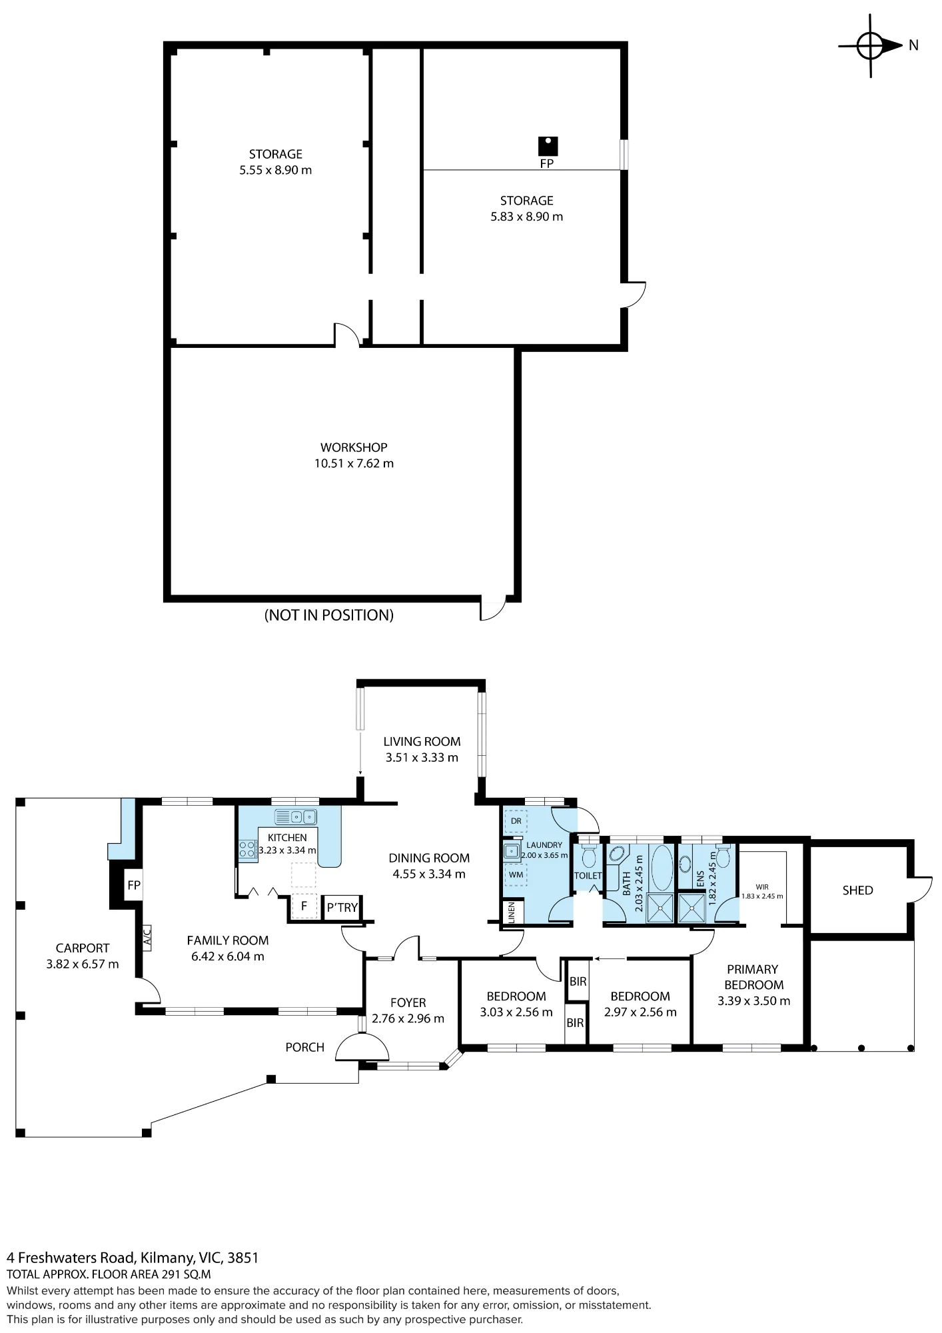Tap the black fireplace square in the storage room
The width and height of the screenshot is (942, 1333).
pos(548,146)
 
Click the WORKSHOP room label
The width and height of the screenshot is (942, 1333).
pos(354,447)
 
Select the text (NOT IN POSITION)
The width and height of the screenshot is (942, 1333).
pos(329,615)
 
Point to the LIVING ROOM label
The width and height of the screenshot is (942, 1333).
pos(422,741)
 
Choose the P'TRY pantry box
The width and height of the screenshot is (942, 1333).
pos(342,907)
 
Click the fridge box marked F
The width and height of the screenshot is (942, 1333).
pos(304,906)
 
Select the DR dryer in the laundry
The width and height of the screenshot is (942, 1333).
pos(516,821)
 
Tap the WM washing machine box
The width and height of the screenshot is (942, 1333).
pos(516,873)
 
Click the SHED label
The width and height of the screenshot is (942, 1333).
pos(857,890)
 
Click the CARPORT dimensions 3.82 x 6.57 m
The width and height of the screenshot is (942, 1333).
pos(83,964)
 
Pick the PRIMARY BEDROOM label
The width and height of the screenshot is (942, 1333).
pos(754,977)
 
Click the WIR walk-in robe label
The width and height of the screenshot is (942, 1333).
pos(762,887)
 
